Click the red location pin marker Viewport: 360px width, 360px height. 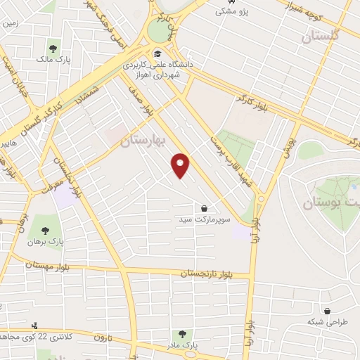(181, 165)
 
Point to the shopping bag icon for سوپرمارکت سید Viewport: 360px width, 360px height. (204, 208)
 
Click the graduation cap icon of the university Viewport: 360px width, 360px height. (158, 54)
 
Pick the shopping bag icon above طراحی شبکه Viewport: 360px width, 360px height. (326, 310)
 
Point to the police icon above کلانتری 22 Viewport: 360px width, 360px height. (34, 326)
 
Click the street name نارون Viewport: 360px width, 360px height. (102, 338)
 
